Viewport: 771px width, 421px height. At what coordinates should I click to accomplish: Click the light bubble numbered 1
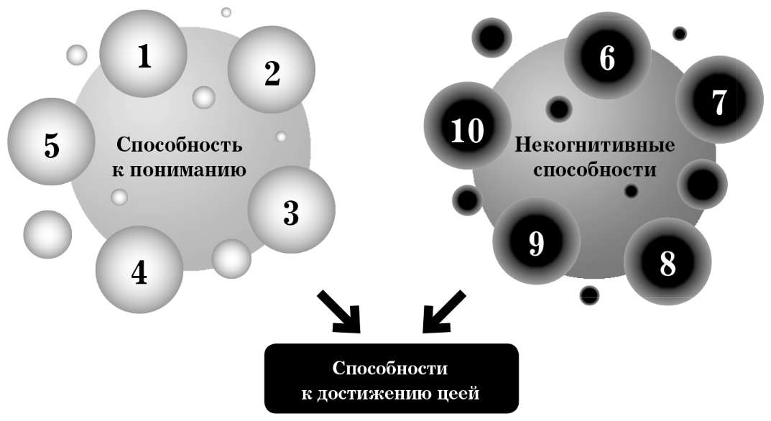tap(144, 55)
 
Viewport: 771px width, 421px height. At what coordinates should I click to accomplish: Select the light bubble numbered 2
tap(271, 71)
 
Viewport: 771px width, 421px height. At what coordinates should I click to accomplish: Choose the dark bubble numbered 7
tap(719, 100)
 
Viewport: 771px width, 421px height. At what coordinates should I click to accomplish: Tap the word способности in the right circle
tap(606, 171)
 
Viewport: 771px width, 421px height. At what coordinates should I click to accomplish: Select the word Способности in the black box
tap(390, 369)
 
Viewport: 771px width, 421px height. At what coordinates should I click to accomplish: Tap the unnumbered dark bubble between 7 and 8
tap(701, 184)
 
